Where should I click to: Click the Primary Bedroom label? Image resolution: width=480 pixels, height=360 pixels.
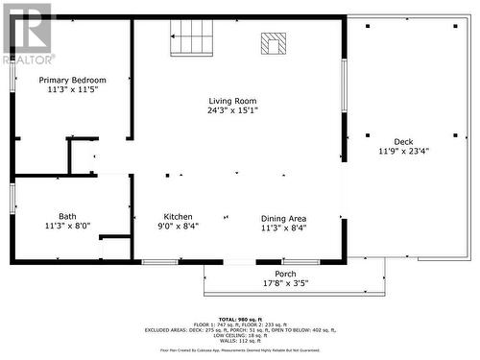(72, 80)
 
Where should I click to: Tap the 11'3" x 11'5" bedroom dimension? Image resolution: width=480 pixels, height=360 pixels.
(72, 89)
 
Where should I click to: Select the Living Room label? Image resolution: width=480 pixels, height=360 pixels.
(233, 101)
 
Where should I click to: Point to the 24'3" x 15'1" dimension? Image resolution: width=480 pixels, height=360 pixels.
(233, 110)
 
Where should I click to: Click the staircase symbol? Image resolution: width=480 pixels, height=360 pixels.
(191, 39)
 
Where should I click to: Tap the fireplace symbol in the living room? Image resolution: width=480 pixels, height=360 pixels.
(273, 43)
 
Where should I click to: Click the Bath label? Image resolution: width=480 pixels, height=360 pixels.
(67, 216)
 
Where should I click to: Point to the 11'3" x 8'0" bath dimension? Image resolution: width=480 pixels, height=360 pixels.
(67, 227)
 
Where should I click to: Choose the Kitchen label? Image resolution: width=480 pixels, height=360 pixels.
(178, 217)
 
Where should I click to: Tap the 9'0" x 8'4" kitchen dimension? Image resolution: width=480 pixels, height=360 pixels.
(178, 228)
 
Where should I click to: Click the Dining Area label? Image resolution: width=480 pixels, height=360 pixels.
(284, 217)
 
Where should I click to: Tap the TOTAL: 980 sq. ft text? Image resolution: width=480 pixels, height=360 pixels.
(240, 319)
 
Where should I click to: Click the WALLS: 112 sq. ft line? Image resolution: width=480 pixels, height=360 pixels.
(240, 341)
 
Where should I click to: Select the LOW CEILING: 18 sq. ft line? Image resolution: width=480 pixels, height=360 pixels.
(240, 335)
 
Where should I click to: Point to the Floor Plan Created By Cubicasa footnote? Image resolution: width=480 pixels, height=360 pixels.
(240, 351)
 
